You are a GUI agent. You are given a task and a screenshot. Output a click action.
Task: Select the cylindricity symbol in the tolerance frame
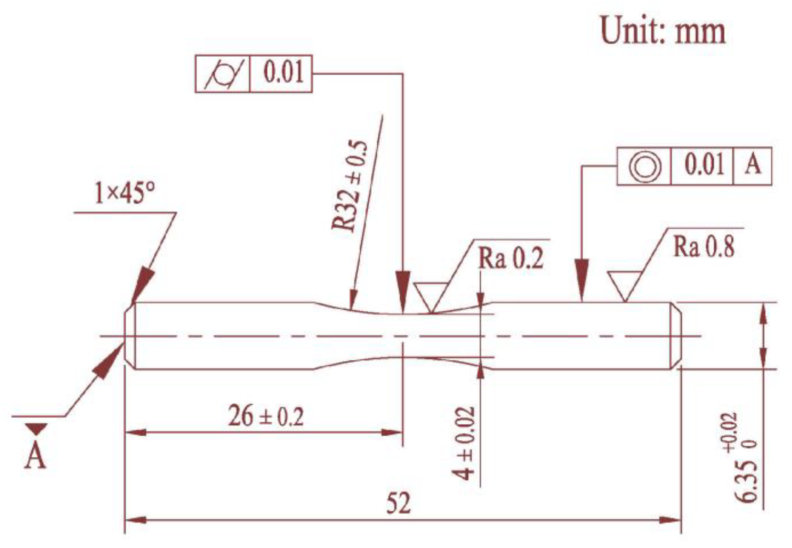[223, 73]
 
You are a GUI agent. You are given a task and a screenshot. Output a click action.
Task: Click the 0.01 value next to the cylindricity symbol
[283, 73]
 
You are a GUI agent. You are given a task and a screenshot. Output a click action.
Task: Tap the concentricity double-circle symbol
[644, 167]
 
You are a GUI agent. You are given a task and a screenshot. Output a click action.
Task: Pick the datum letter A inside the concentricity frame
[752, 166]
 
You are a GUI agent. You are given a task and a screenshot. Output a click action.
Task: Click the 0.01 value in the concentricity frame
[704, 166]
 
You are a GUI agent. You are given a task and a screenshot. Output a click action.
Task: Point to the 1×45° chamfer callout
[125, 194]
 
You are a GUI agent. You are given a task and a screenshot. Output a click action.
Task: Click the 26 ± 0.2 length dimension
[266, 416]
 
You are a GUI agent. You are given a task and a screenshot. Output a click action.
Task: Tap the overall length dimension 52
[399, 503]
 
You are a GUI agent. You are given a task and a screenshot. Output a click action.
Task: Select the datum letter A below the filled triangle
[35, 456]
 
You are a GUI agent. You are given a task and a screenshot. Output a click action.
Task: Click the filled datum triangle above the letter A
[36, 428]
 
